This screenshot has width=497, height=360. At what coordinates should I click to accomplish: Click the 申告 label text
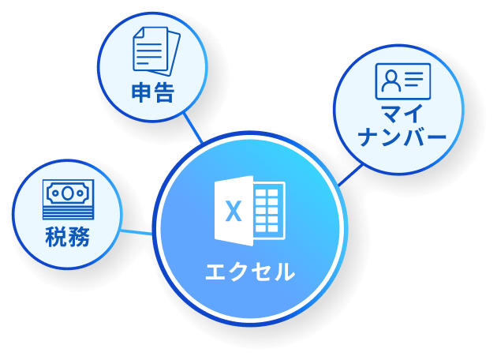coord(153,93)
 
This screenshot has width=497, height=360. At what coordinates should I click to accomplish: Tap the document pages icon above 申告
coord(156,51)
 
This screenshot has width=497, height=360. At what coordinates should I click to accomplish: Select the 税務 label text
coord(68,237)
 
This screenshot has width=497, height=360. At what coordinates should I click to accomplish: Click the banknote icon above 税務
coord(68,200)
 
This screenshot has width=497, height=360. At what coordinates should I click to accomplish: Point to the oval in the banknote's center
coord(68,193)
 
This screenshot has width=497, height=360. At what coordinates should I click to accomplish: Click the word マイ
coord(402,114)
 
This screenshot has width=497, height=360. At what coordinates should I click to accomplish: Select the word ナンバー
coord(402,137)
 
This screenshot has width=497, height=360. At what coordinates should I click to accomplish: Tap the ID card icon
coord(403,81)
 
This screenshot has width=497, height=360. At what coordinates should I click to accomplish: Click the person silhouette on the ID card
coord(391,81)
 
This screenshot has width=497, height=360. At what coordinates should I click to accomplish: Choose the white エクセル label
coord(250,272)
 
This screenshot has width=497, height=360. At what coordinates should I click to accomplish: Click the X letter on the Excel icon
coord(234,211)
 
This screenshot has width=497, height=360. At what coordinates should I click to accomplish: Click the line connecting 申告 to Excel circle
coord(192,128)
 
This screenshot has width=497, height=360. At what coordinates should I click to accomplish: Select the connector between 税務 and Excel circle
coord(136,232)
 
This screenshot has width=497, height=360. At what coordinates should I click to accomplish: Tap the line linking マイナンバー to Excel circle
coord(350,174)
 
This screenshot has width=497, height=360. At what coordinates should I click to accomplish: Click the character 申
coord(142,93)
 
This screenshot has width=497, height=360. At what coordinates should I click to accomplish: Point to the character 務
coord(79,237)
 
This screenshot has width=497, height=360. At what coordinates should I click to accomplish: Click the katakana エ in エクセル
coord(216,272)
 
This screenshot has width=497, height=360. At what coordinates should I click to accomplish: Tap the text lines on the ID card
coord(414,79)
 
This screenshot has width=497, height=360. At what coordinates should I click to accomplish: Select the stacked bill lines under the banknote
coord(68,213)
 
